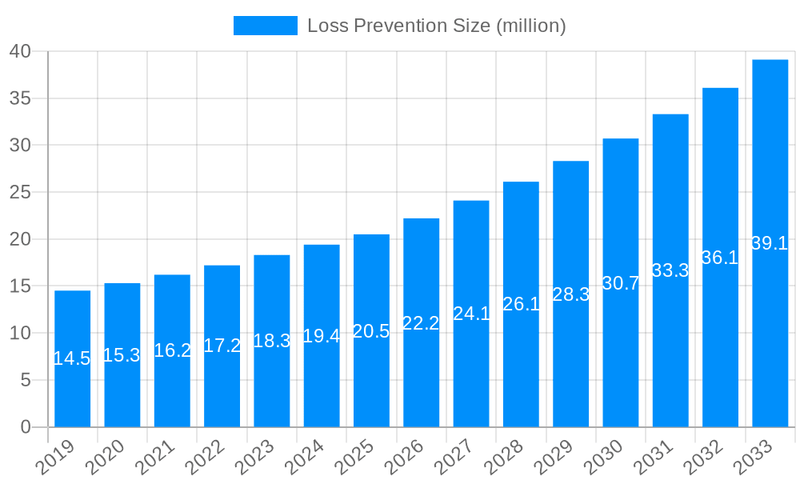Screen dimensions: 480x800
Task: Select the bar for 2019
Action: (72, 358)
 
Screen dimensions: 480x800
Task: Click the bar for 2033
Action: (770, 243)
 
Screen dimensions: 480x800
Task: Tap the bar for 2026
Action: (421, 322)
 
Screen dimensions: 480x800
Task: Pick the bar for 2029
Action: (570, 294)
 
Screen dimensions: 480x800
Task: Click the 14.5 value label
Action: (72, 359)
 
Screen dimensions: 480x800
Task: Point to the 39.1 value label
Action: (770, 244)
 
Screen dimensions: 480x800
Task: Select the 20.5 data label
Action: (371, 331)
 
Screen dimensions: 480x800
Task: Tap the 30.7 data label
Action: (620, 283)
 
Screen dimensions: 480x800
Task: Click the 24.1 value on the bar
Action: (471, 314)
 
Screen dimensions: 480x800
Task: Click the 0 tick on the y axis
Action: (26, 427)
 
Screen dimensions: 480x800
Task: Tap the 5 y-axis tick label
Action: (26, 381)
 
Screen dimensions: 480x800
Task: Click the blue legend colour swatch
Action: (265, 26)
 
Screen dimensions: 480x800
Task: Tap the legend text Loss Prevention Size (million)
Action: (437, 26)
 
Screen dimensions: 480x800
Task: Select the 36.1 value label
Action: (720, 258)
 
